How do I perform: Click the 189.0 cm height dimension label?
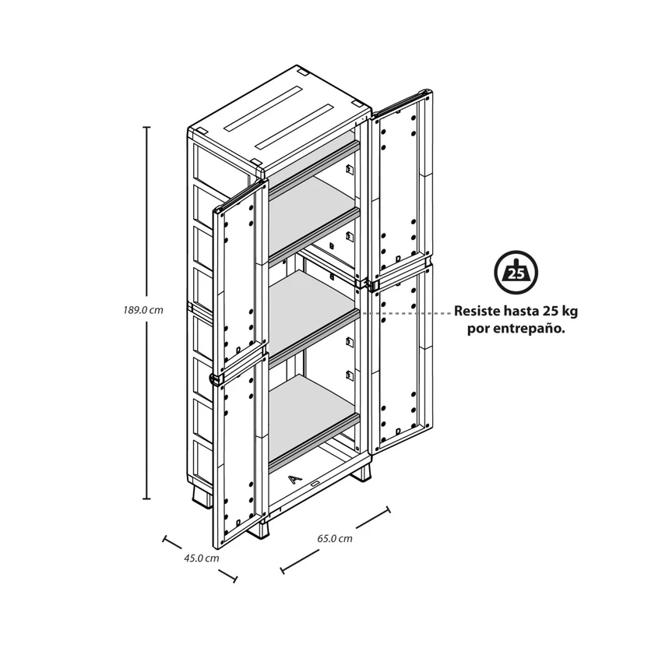coord(143,310)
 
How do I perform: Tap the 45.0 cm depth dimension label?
coord(201,558)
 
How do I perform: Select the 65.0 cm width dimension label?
coord(335,538)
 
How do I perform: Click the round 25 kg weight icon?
coord(516,273)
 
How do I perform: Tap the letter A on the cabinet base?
coord(294,480)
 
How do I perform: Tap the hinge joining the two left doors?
coord(215,378)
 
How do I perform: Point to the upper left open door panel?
coord(240,277)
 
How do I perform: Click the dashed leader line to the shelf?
coord(407,314)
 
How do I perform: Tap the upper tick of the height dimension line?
coord(146,128)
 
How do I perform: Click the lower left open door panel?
coord(240,452)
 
